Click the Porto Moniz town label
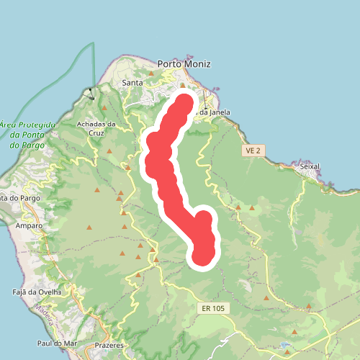pyautogui.click(x=184, y=64)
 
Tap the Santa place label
pyautogui.click(x=132, y=83)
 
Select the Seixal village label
pyautogui.click(x=309, y=166)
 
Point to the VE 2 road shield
pyautogui.click(x=251, y=150)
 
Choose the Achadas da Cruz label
pyautogui.click(x=96, y=128)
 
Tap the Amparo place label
pyautogui.click(x=30, y=225)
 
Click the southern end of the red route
pyautogui.click(x=202, y=256)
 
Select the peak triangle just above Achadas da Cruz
pyautogui.click(x=104, y=109)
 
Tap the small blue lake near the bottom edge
pyautogui.click(x=293, y=333)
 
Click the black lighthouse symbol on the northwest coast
pyautogui.click(x=89, y=93)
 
